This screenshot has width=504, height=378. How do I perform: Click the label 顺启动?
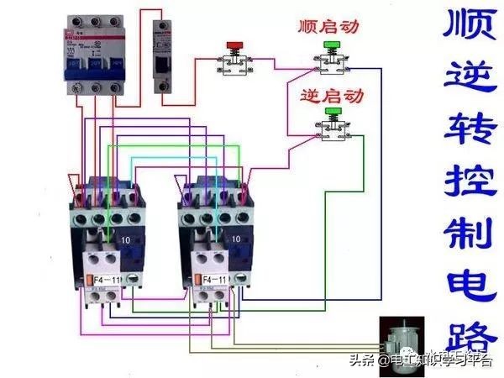tap(328, 26)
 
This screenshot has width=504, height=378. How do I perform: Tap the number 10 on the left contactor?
tap(125, 240)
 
